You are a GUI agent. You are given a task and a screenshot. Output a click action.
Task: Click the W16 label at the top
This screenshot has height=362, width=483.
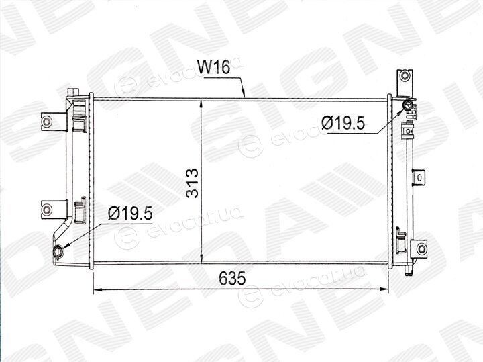pyautogui.click(x=213, y=67)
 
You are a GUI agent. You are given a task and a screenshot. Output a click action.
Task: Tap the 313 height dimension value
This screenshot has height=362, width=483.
pyautogui.click(x=193, y=183)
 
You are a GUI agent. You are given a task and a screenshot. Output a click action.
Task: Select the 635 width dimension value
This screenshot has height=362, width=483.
pyautogui.click(x=232, y=279)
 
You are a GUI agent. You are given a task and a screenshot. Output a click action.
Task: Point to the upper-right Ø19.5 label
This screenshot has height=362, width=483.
pyautogui.click(x=343, y=123)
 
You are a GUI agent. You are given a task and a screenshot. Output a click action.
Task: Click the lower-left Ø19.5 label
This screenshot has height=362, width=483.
pyautogui.click(x=130, y=213)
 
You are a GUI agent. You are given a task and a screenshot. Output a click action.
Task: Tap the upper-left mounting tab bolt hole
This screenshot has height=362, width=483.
pyautogui.click(x=46, y=121)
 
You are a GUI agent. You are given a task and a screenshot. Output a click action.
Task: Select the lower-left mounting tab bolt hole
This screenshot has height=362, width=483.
pyautogui.click(x=46, y=210)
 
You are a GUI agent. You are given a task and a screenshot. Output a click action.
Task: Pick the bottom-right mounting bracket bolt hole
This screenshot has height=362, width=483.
pyautogui.click(x=421, y=248)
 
